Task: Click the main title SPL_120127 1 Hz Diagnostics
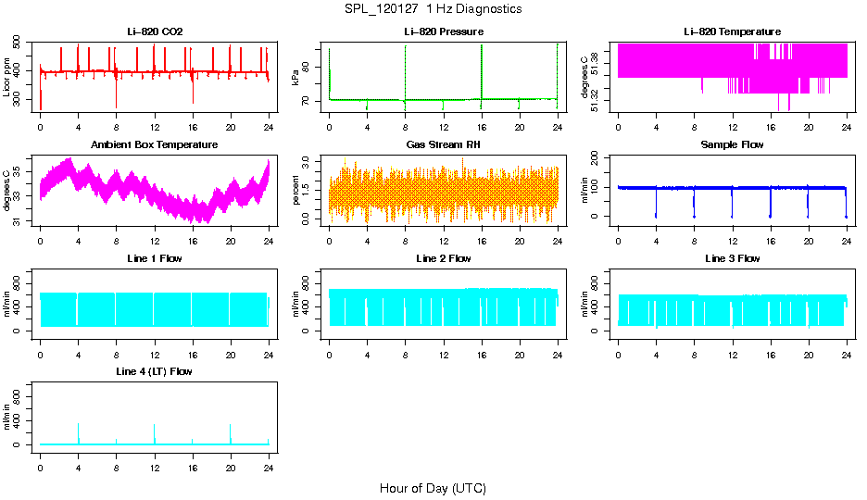pos(433,9)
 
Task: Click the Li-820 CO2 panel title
pos(155,31)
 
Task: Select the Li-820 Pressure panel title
pos(444,31)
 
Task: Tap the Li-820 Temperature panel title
pos(732,31)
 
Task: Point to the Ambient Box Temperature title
pos(155,145)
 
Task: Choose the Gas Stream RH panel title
pos(444,145)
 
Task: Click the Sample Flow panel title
pos(732,145)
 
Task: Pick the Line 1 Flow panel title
pos(155,258)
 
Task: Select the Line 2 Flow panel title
pos(444,258)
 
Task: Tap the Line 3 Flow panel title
pos(732,258)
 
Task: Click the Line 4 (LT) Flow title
pos(155,371)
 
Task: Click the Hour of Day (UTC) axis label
pos(433,488)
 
